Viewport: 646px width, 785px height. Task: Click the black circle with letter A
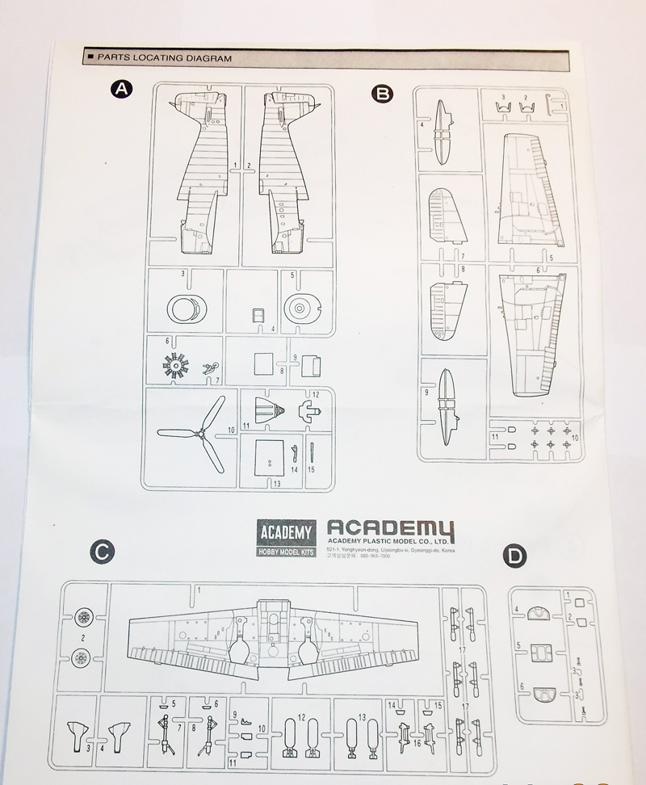pos(120,90)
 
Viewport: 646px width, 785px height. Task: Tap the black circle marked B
pos(381,94)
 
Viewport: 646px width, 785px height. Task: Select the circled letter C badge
pos(102,552)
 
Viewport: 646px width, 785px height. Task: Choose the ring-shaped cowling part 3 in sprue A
pos(187,308)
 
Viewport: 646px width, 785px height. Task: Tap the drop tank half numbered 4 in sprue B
pos(443,132)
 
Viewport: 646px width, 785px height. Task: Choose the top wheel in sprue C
pos(81,619)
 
